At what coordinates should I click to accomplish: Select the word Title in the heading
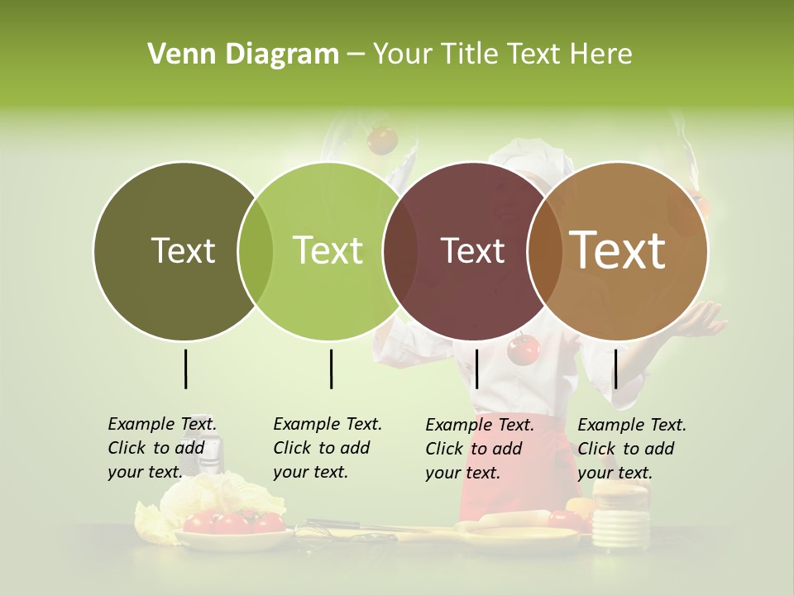[471, 55]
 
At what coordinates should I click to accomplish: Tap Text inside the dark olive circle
[183, 250]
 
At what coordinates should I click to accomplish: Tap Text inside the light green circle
[328, 250]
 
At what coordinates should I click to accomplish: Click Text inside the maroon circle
[472, 250]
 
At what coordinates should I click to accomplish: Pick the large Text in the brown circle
[618, 250]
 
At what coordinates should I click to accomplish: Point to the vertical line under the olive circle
[185, 369]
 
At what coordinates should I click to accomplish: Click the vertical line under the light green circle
[331, 369]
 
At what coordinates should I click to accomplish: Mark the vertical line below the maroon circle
[476, 369]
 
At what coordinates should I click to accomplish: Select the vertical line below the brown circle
[615, 369]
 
